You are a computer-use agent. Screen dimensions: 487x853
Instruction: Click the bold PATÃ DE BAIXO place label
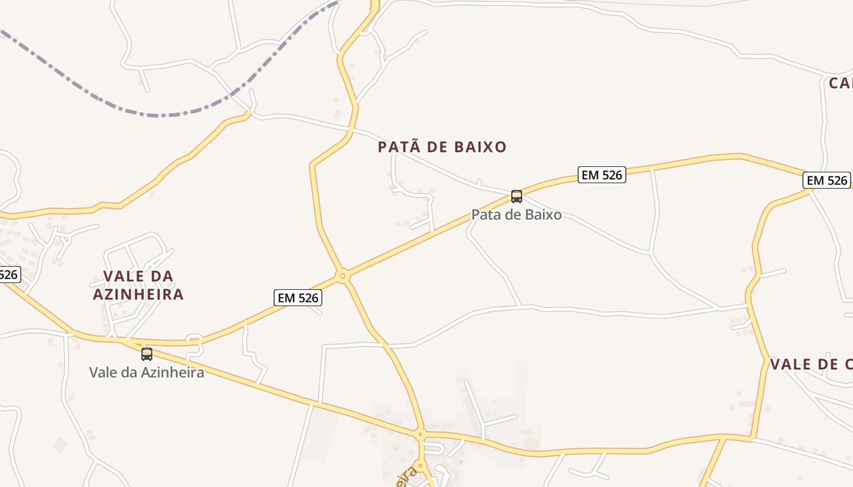pos(442,147)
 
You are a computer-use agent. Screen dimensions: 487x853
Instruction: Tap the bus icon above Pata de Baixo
pos(517,196)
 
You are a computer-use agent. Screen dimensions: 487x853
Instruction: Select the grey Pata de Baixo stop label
pos(517,215)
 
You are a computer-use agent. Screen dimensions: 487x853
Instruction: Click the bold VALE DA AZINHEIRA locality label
pos(138,285)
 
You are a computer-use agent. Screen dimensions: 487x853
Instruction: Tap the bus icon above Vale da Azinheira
pos(147,354)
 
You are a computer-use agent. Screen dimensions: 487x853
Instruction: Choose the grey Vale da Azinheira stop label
pos(147,372)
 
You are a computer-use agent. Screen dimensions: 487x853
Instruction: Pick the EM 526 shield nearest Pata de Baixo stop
pos(602,175)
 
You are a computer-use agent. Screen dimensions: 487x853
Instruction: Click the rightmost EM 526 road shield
pos(827,180)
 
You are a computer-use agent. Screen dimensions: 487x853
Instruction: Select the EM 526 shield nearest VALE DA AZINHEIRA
pos(298,298)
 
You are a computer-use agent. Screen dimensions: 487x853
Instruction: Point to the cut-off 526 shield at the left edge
pos(9,275)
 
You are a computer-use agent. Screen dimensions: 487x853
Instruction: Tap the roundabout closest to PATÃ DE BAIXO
pos(343,276)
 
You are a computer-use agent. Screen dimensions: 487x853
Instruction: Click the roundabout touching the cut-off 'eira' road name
pos(420,466)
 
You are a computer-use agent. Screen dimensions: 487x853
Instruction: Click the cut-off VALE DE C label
pos(811,365)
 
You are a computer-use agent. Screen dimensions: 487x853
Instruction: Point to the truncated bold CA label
pos(841,83)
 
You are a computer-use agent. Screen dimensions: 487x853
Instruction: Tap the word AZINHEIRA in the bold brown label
pos(138,295)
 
